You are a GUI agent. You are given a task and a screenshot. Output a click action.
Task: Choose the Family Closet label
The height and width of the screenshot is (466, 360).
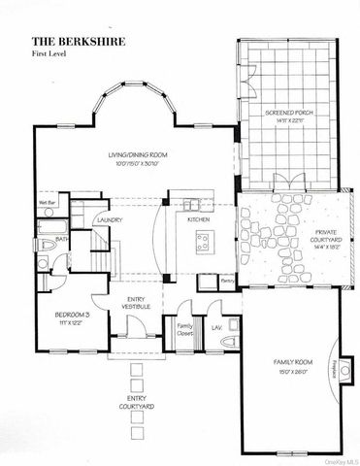[x=184, y=331]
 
